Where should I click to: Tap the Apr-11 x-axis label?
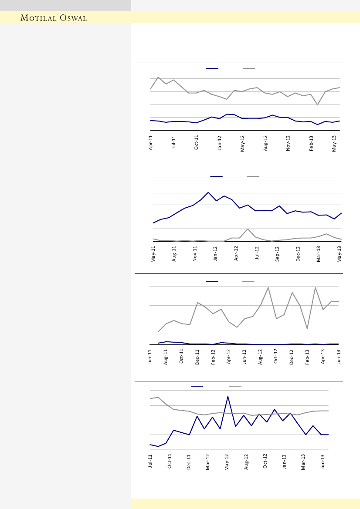151,143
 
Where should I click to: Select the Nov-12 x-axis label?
288,143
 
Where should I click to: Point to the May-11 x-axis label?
153,253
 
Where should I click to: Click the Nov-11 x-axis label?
195,253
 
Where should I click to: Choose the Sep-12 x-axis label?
277,253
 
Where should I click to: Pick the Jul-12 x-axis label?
257,253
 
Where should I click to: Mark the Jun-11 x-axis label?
150,357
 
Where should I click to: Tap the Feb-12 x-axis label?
213,357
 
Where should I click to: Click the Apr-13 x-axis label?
323,357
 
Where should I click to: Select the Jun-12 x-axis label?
245,357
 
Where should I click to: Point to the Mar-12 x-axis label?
208,461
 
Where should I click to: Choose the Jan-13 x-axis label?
285,461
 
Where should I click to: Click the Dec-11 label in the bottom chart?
189,461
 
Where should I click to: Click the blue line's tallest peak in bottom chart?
228,396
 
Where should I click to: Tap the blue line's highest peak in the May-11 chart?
208,192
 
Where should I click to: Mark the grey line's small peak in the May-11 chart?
248,229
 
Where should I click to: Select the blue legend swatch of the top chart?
212,68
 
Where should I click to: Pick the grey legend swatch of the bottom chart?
235,386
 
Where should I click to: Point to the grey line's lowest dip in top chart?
317,104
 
